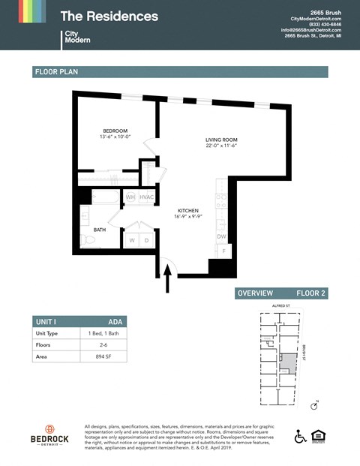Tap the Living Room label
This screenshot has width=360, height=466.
221,140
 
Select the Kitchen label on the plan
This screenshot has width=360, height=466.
187,211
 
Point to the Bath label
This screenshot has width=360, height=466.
99,230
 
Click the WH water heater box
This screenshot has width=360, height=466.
130,197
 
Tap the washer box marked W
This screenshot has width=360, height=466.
132,240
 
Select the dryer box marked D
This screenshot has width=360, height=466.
145,240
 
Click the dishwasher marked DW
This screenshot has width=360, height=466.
221,236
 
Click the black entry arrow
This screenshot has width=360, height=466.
167,281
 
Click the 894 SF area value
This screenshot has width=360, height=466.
93,357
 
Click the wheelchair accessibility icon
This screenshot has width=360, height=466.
301,437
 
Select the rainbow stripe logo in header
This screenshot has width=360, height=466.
22,11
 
